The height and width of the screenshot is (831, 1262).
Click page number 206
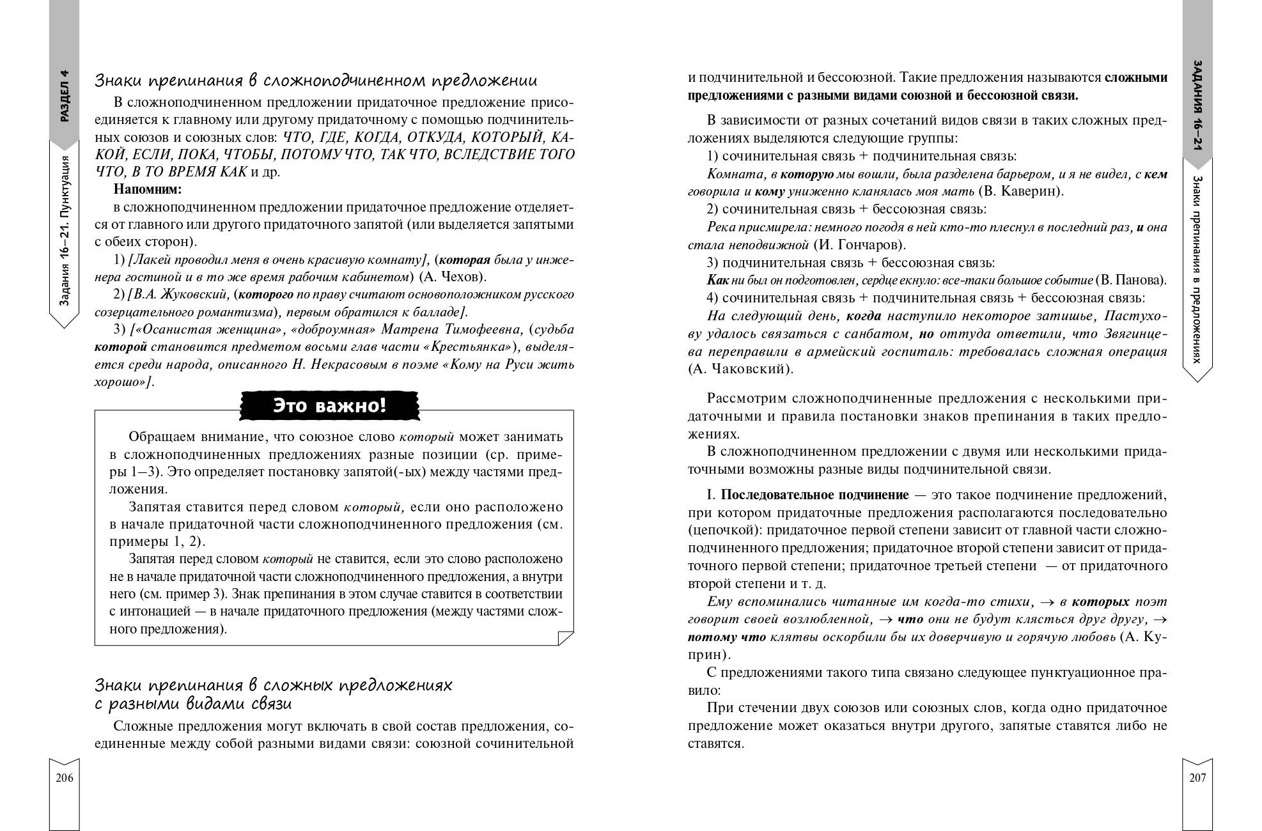pos(65,778)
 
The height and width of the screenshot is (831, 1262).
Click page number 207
pos(1197,778)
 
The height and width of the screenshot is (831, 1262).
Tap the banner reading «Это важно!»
pos(329,406)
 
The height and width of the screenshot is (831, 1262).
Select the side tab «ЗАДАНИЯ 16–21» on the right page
pos(1197,108)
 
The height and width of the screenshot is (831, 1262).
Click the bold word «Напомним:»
pos(148,189)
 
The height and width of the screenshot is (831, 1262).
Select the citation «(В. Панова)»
pos(1131,280)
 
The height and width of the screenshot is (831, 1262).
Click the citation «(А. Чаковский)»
pos(740,369)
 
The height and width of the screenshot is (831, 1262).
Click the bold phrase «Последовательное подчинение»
pos(814,495)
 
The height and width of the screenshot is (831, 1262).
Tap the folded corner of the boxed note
pos(565,637)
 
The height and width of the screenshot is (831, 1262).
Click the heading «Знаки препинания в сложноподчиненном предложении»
pos(316,81)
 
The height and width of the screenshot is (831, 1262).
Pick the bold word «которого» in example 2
pos(265,295)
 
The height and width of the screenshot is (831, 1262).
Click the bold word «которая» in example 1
pos(465,260)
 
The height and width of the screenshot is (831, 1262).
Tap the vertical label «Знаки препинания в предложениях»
pos(1197,268)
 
